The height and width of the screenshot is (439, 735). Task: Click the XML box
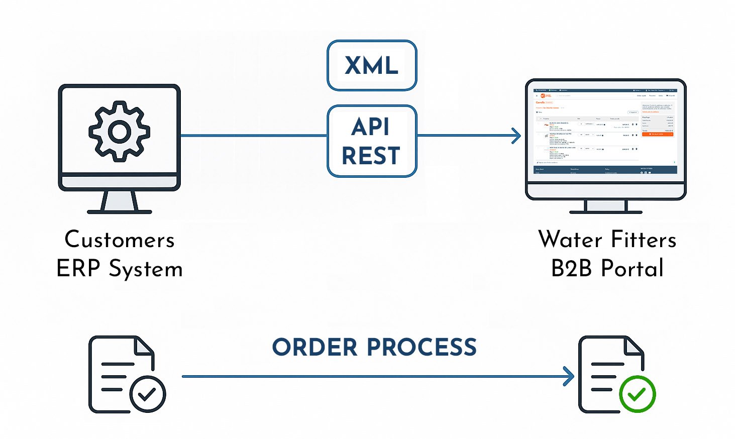tap(372, 65)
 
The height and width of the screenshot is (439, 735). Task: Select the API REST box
tap(372, 141)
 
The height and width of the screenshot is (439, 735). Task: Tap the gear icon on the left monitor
tap(120, 131)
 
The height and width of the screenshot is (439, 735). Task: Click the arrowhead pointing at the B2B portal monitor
tap(517, 136)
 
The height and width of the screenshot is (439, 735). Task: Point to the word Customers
tap(120, 240)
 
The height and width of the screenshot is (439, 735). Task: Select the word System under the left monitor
tap(146, 270)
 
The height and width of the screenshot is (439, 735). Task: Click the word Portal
tap(633, 268)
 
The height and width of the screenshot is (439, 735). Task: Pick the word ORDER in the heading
tap(315, 347)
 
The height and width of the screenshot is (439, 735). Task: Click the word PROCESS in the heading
tap(422, 347)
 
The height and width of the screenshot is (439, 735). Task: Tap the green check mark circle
tap(637, 394)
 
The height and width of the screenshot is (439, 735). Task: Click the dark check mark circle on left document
tap(147, 394)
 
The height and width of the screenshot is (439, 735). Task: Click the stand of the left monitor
tap(120, 202)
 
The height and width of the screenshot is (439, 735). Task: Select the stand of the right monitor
tap(606, 206)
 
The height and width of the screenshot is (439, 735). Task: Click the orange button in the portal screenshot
tap(657, 134)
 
